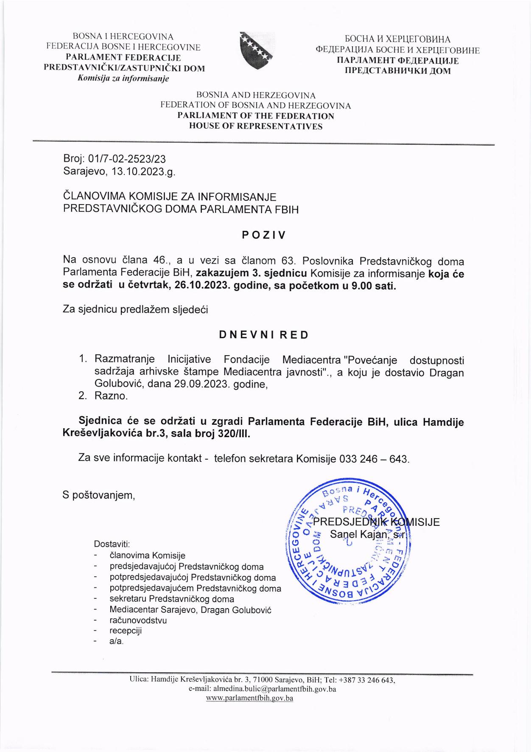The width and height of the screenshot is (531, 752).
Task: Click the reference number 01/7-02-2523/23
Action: (x=127, y=159)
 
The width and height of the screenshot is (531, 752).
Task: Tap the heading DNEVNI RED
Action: (x=264, y=335)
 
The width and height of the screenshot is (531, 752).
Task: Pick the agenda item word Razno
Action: (x=111, y=396)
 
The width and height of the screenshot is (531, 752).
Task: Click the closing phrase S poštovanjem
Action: (x=99, y=495)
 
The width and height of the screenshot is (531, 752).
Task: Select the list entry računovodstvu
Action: (x=138, y=620)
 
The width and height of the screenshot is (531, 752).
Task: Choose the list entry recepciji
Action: (x=126, y=631)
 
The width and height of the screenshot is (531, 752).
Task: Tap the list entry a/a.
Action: (x=116, y=641)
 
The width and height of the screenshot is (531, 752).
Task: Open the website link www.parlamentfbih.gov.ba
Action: (x=249, y=698)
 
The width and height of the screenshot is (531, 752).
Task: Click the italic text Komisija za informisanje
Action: (x=123, y=79)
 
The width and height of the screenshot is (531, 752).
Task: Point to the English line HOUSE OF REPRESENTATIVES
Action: (x=255, y=126)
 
